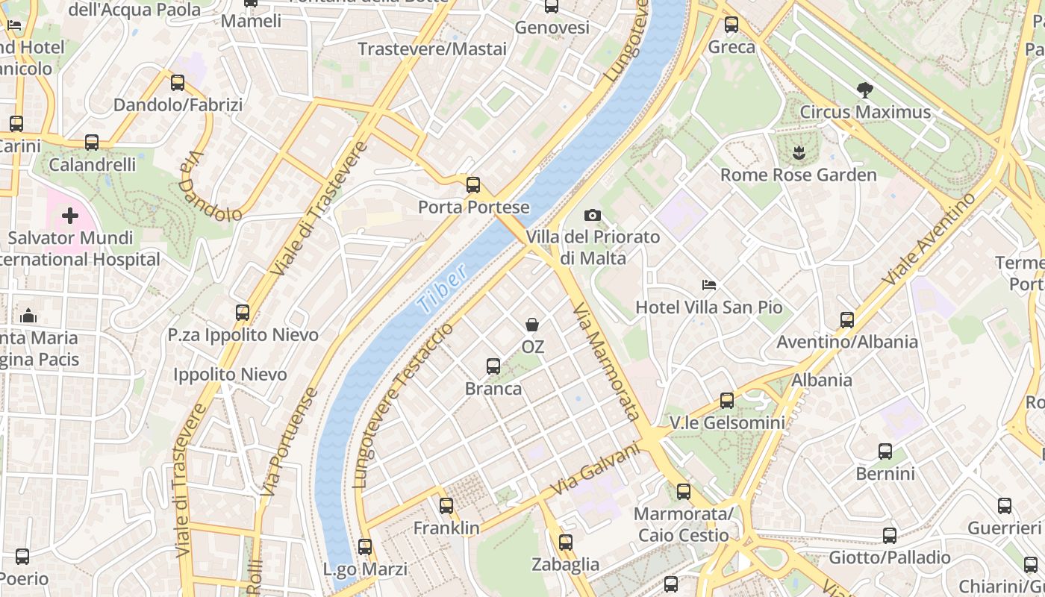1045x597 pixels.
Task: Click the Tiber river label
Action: point(443,288)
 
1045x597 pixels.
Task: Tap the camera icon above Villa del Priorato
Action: point(593,215)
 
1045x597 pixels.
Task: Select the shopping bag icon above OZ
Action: point(532,325)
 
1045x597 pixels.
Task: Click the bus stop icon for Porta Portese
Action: point(473,184)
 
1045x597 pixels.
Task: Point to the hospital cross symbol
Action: point(70,216)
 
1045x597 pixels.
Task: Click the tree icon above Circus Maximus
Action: point(865,90)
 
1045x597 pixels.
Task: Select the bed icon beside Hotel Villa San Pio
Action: point(709,285)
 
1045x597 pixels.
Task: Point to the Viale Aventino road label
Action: point(929,238)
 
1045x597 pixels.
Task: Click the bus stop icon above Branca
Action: point(493,366)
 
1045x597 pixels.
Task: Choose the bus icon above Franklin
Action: point(446,505)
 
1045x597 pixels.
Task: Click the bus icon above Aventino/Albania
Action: point(847,319)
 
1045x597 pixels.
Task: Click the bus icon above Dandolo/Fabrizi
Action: point(178,82)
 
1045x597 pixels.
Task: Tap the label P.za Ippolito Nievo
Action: point(243,335)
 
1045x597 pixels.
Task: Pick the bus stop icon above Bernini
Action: point(885,451)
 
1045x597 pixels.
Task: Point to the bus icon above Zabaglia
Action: point(566,542)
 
